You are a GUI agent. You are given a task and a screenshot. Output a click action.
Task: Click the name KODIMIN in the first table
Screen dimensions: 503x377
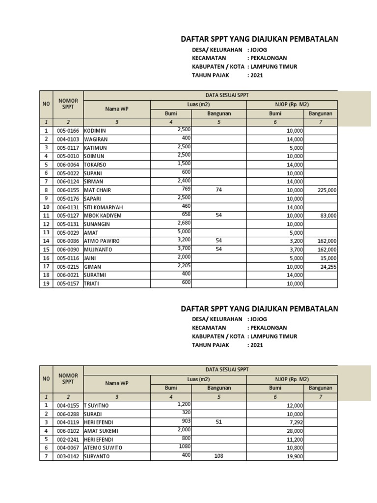(x=95, y=131)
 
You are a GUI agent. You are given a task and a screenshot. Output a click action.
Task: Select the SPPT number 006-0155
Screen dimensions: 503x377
(x=68, y=190)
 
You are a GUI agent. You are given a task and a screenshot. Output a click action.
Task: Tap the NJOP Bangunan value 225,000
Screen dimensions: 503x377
(x=326, y=190)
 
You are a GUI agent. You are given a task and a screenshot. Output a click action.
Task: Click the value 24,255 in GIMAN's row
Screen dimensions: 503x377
(x=327, y=267)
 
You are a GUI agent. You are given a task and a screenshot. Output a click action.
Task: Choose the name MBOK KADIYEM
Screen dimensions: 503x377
(x=103, y=216)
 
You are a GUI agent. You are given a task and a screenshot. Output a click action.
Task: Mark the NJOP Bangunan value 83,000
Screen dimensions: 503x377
(x=328, y=216)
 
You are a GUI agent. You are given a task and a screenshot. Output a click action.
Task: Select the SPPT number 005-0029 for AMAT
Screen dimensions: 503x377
(x=68, y=232)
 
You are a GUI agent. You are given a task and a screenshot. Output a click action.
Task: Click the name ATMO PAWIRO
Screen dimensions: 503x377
(x=102, y=241)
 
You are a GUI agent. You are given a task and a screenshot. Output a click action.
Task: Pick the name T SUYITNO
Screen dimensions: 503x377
(x=97, y=406)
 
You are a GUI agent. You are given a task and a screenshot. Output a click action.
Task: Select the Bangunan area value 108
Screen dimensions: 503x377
(x=219, y=456)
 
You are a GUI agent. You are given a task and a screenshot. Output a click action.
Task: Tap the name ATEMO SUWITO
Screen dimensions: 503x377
(x=102, y=448)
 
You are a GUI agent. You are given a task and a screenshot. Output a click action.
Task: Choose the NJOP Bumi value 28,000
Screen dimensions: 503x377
(x=295, y=431)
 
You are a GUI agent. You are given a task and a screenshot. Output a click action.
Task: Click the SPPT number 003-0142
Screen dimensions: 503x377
(x=68, y=456)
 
